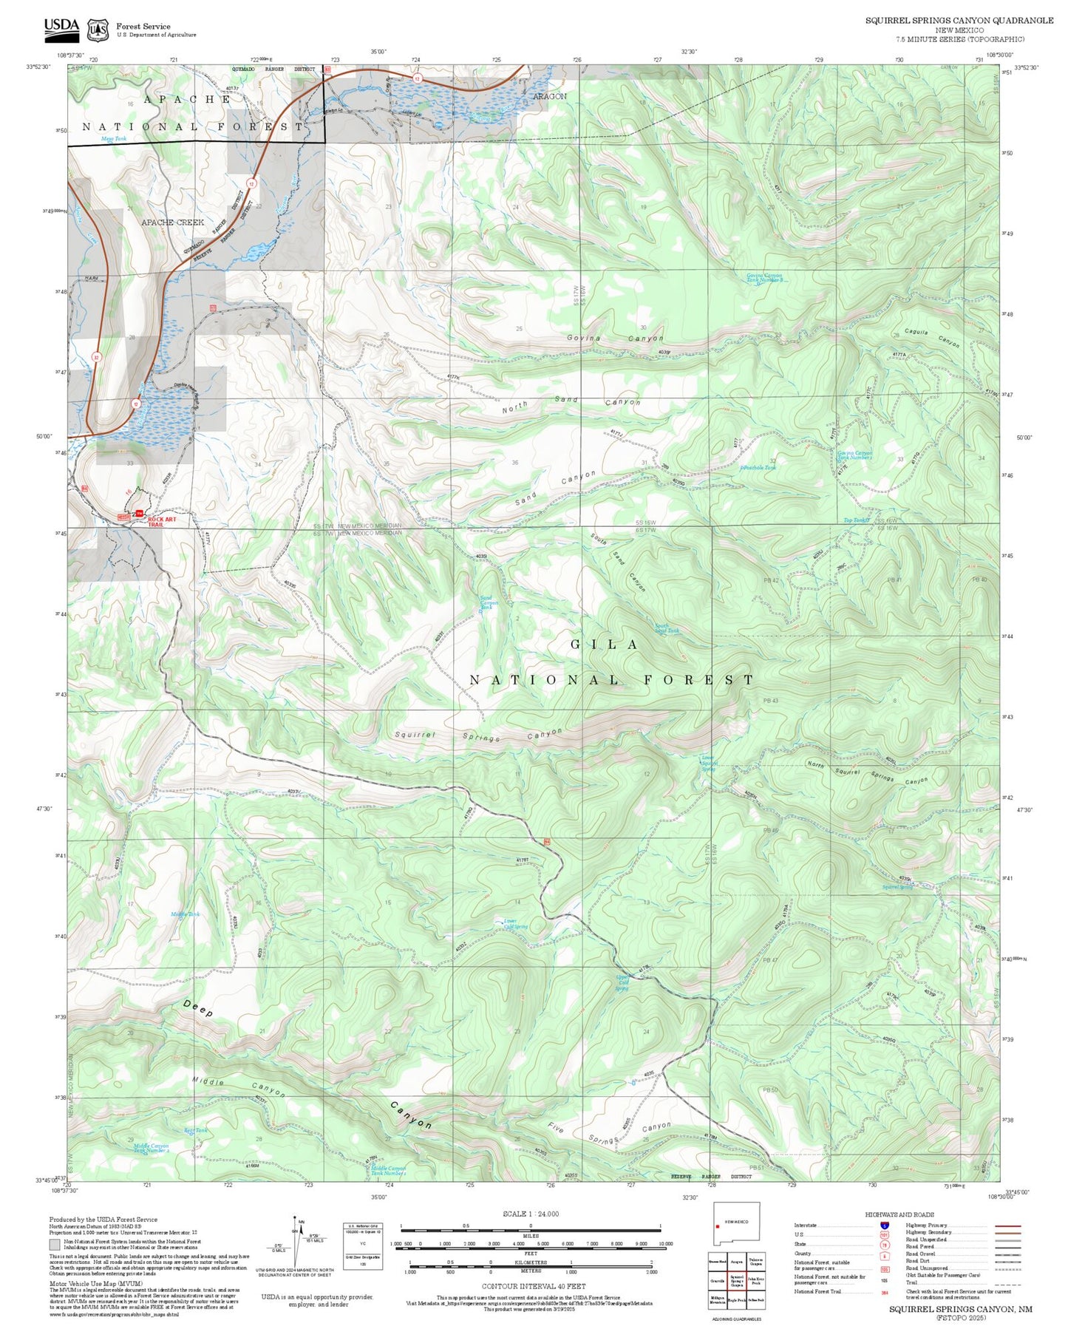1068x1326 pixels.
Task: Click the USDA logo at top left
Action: (x=61, y=28)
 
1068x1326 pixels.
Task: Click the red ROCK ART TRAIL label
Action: (x=162, y=522)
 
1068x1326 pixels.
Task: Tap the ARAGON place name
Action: (x=550, y=97)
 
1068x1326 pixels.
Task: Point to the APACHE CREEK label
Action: (x=172, y=222)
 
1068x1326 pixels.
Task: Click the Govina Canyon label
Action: (x=615, y=339)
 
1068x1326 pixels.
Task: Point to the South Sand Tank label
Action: (x=666, y=628)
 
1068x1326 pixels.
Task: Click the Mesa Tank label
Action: (x=114, y=138)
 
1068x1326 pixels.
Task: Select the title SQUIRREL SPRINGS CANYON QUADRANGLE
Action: (x=959, y=21)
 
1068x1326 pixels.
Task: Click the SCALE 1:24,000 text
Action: (x=531, y=1214)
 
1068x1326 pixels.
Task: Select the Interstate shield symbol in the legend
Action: (x=885, y=1225)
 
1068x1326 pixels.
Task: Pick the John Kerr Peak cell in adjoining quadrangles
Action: (x=755, y=1281)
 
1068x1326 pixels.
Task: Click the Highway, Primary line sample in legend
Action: (x=1007, y=1225)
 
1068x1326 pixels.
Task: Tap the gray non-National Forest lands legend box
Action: (x=55, y=1244)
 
